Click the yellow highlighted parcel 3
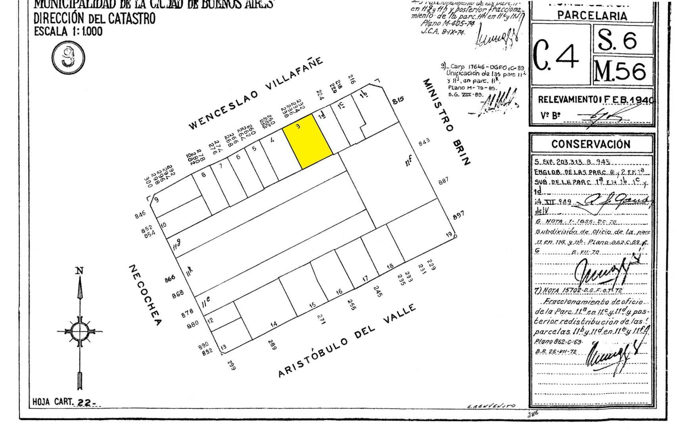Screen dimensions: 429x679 [x=307, y=141]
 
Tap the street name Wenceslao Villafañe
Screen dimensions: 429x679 [x=256, y=94]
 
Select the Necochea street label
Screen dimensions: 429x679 [x=145, y=295]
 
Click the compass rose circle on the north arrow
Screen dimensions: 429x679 [x=79, y=330]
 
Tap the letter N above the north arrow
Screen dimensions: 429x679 [x=79, y=271]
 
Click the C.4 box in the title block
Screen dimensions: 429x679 [x=560, y=54]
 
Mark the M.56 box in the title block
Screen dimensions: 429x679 [x=622, y=71]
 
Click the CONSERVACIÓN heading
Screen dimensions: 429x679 [x=591, y=144]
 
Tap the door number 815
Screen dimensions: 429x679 [x=398, y=100]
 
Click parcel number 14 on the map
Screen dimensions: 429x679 [x=274, y=325]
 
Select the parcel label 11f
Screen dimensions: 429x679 [x=408, y=161]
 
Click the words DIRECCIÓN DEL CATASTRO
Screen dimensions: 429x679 [x=94, y=18]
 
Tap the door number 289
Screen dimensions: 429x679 [x=272, y=344]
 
